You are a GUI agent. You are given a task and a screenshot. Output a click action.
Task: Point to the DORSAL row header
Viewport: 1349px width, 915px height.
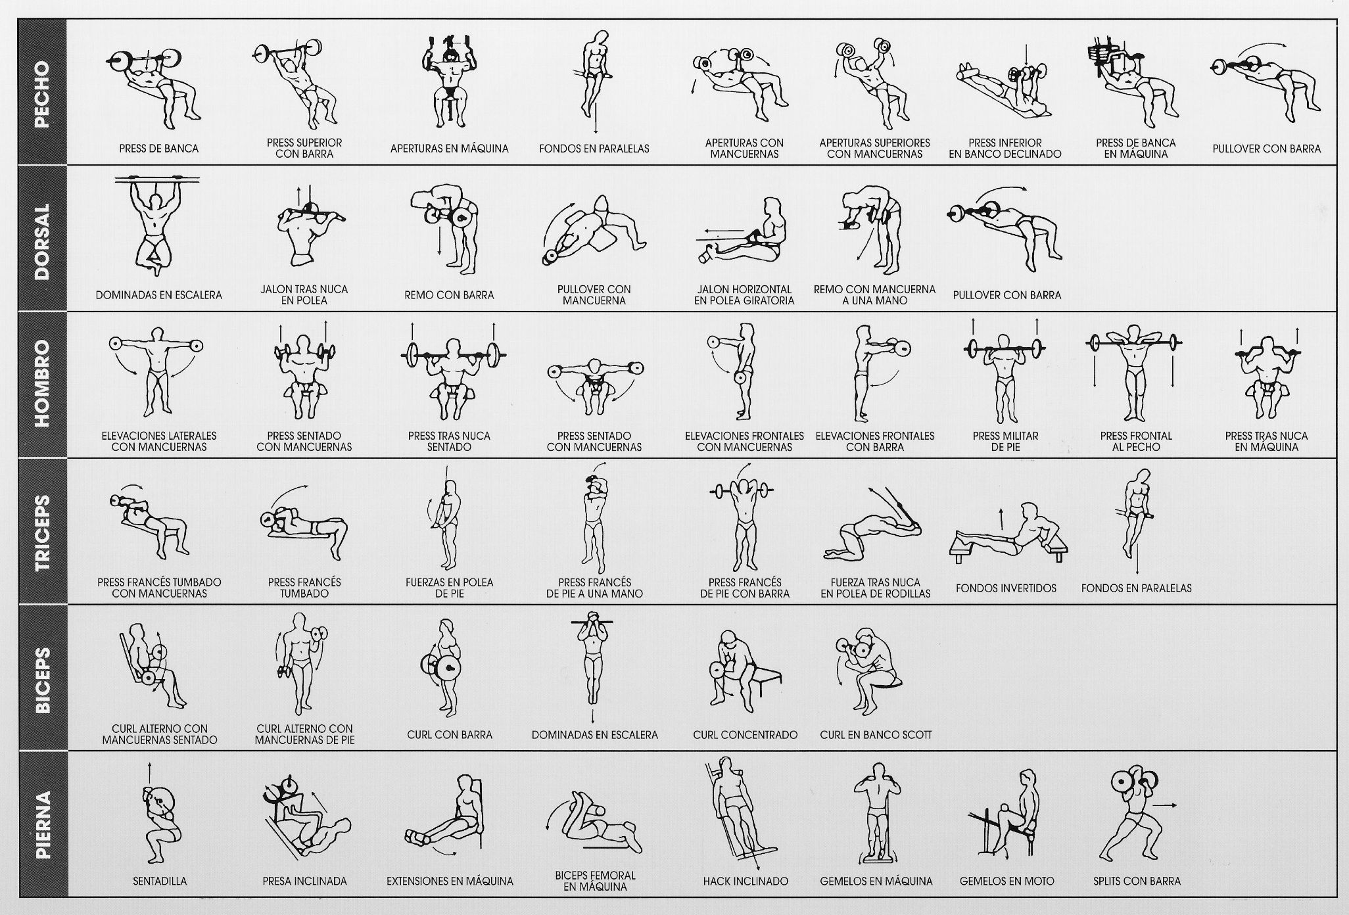coord(42,238)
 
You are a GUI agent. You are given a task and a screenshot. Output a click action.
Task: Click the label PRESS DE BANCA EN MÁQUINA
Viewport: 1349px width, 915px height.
coord(1135,149)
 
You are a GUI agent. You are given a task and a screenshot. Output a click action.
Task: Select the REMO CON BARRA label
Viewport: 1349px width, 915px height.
coord(449,295)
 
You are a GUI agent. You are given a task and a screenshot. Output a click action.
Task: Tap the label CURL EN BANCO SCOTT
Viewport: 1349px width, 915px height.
coord(876,735)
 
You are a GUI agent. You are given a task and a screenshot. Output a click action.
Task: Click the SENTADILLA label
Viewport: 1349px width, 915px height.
coord(160,881)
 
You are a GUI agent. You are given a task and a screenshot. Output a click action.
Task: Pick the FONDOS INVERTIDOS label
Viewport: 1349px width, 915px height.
coord(1006,588)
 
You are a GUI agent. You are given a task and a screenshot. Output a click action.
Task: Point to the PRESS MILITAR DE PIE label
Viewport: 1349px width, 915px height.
coord(1005,441)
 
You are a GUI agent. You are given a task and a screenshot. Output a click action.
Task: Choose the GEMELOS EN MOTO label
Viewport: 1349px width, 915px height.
coord(1006,881)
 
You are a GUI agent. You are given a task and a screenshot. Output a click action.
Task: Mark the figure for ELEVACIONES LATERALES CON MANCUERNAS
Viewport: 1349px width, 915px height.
coord(155,373)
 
